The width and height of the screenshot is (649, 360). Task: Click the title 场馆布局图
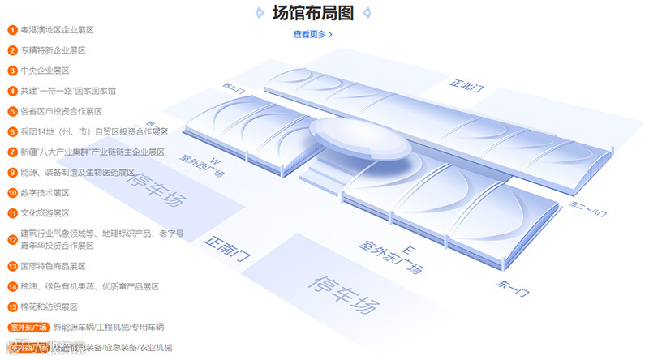tap(313, 13)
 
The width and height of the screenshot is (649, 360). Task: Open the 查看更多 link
tap(312, 34)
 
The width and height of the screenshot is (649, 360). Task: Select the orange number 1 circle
tap(13, 30)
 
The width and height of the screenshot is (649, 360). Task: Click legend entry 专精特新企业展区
tap(53, 50)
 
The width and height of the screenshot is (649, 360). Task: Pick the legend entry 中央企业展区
tap(49, 71)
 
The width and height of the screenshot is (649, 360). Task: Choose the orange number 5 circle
tap(13, 111)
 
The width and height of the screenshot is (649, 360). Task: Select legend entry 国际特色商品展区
tap(53, 266)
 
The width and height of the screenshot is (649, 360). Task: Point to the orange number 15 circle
tap(13, 306)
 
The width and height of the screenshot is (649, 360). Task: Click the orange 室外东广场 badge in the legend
tap(29, 328)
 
